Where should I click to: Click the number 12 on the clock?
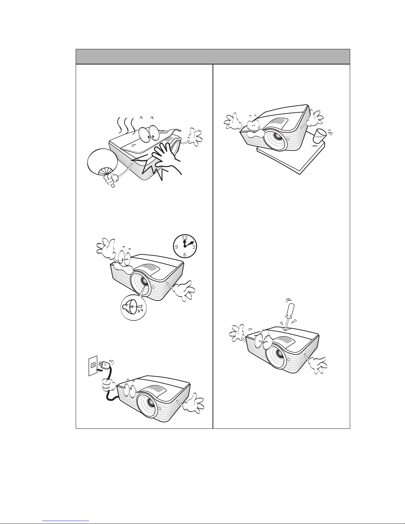(x=184, y=238)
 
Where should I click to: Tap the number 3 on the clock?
(x=194, y=247)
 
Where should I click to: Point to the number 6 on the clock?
(x=185, y=255)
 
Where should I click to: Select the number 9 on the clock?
(x=177, y=247)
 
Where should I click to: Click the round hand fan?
(x=102, y=161)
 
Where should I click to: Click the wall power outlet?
(x=93, y=366)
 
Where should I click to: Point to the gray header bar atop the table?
(x=213, y=57)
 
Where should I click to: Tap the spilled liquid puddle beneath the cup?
(x=315, y=146)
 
